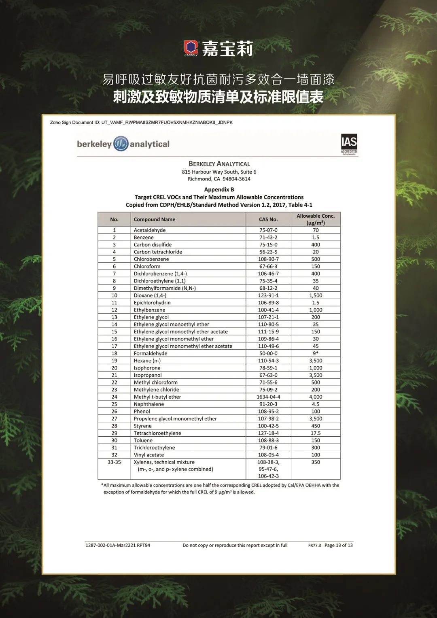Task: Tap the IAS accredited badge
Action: pos(349,144)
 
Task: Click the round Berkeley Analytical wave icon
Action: pos(121,144)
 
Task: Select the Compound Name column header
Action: pos(155,219)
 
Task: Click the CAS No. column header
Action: pos(268,219)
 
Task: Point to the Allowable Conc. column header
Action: pos(316,219)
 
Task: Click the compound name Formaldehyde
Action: pos(151,353)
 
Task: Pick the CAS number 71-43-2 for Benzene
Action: pos(268,238)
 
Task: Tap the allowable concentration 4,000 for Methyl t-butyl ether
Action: pos(316,397)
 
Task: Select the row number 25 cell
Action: pos(114,404)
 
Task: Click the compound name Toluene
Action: pos(143,440)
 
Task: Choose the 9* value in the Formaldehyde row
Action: pos(316,353)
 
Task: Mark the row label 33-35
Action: pos(114,462)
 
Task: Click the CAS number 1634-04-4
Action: pos(268,397)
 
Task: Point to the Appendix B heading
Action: pos(219,189)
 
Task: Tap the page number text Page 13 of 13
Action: pos(338,546)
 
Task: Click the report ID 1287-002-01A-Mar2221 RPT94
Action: pos(118,546)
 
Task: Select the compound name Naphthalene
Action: pos(149,404)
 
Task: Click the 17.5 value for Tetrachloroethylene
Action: pos(316,433)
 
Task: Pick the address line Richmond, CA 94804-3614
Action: pos(219,179)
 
